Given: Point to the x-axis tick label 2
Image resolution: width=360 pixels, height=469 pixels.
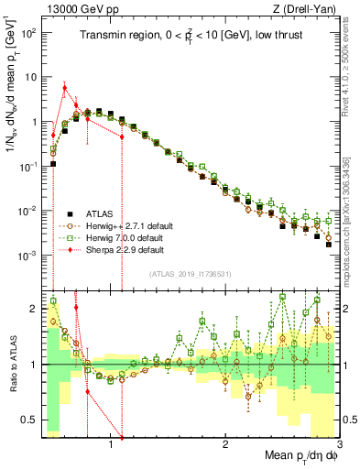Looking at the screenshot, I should click(x=225, y=443).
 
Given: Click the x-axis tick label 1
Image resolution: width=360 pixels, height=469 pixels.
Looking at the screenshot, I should click(x=111, y=443).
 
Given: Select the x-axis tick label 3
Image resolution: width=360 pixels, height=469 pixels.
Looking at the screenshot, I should click(x=339, y=443).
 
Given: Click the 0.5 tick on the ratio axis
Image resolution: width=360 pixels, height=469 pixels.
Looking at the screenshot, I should click(x=31, y=420).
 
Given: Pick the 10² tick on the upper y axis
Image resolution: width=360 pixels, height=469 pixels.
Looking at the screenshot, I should click(x=29, y=32).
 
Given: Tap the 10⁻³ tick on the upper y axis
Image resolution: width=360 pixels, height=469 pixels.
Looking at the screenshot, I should click(x=29, y=254).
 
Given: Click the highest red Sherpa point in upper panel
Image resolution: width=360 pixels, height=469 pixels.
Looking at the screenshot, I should click(x=64, y=87).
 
